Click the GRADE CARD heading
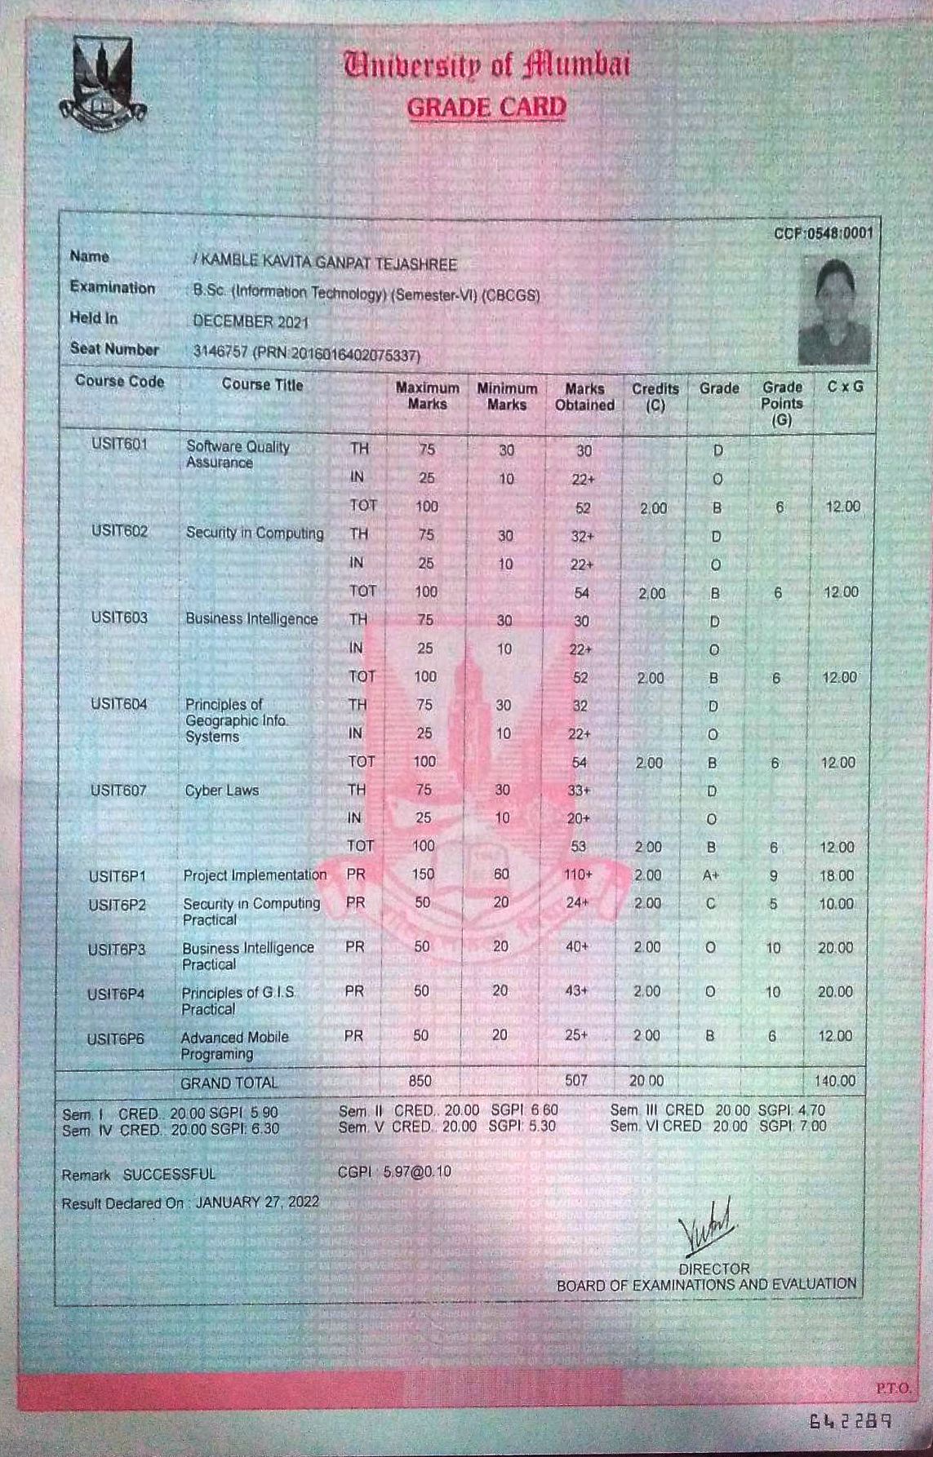coord(486,108)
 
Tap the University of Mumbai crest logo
coord(102,85)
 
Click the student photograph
coord(834,311)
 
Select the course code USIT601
coord(120,445)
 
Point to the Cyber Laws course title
coord(221,790)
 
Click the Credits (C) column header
coord(655,396)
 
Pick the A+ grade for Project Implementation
coord(710,875)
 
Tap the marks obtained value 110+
coord(577,875)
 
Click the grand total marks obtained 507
coord(575,1080)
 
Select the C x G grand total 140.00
coord(835,1081)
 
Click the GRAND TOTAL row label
coord(229,1083)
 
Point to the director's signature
coord(708,1227)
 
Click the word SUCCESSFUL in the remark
coord(170,1175)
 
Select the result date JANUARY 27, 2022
coord(257,1202)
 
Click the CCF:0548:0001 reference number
coord(823,234)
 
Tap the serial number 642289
coord(850,1421)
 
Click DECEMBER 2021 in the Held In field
coord(251,321)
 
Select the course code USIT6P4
coord(116,994)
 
